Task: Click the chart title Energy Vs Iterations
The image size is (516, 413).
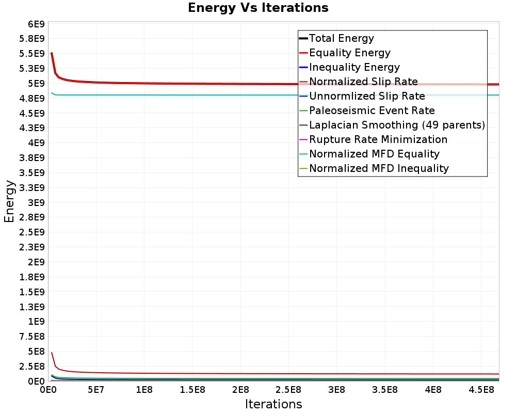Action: pos(258,8)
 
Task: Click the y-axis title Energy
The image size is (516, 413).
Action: pos(9,201)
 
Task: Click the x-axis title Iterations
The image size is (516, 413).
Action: pos(273,404)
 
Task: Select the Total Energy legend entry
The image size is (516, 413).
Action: pos(341,38)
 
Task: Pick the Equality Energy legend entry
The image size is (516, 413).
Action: pos(349,53)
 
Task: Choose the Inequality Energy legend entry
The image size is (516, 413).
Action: pos(354,67)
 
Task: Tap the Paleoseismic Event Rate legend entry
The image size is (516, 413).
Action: pos(372,110)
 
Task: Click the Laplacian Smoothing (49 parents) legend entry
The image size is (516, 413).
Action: pos(397,125)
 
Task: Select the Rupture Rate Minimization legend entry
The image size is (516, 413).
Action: pos(378,139)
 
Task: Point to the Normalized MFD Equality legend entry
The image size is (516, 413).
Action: pos(374,154)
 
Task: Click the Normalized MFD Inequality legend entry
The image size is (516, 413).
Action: pos(379,168)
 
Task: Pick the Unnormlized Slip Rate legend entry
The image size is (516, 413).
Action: pos(367,96)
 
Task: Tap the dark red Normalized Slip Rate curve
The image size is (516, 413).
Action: pos(206,373)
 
